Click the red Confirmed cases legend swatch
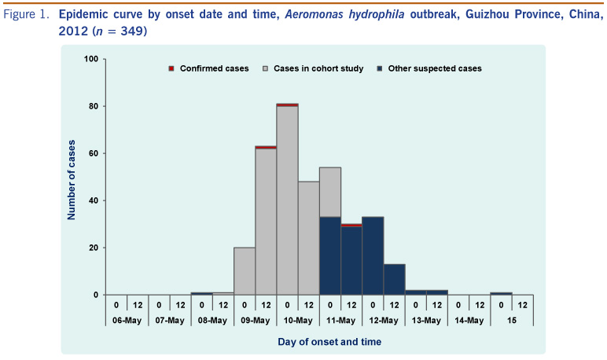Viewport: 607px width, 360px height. [x=171, y=69]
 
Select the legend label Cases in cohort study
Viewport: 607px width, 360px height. [x=318, y=69]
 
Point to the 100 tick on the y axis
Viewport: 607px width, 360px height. [x=90, y=59]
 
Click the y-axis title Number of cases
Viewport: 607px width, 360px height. [x=72, y=177]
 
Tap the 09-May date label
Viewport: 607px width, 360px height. [x=255, y=320]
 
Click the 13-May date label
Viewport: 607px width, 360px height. [x=426, y=320]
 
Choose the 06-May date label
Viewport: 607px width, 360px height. [x=127, y=320]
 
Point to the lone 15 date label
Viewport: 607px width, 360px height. [x=512, y=320]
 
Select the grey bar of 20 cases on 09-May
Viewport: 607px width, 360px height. [x=245, y=271]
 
